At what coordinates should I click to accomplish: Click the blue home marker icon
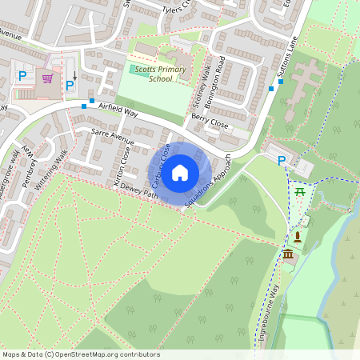[x=180, y=172]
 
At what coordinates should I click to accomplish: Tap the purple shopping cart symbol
[x=47, y=78]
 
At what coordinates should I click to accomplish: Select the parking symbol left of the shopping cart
[x=22, y=76]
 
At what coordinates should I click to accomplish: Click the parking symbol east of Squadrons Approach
[x=282, y=161]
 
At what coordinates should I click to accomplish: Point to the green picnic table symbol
[x=301, y=192]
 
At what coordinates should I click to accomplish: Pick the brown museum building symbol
[x=288, y=254]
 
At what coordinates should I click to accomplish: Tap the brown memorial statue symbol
[x=297, y=237]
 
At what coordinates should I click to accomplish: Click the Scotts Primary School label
[x=154, y=74]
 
